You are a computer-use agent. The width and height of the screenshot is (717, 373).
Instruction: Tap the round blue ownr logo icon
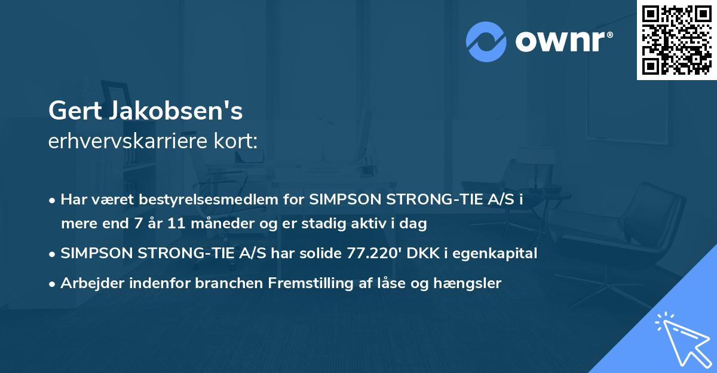click(x=486, y=41)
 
